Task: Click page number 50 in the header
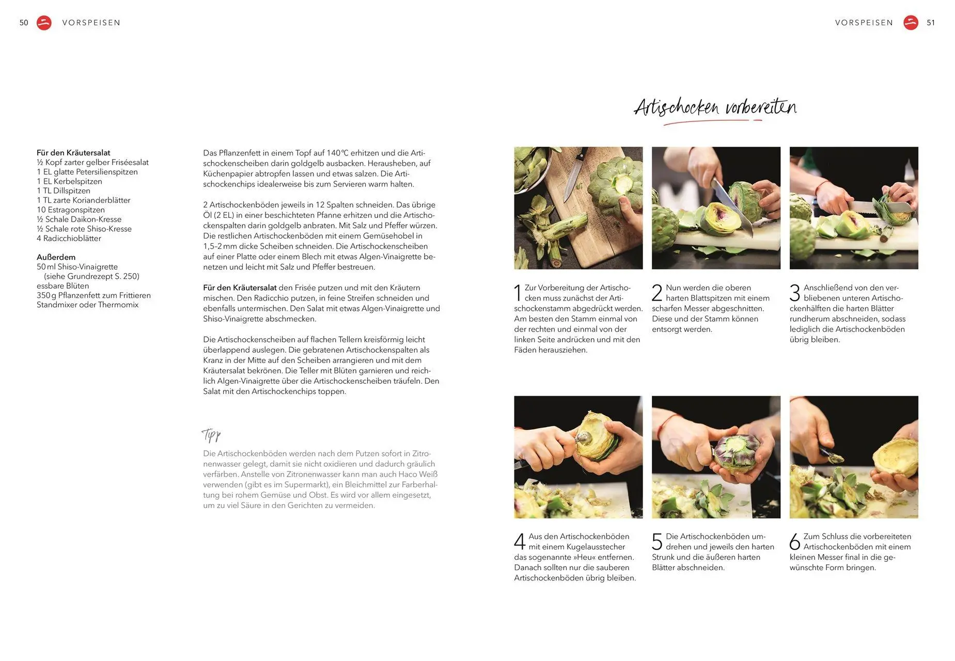coord(24,23)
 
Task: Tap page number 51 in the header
coord(931,23)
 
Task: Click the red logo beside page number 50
coord(44,23)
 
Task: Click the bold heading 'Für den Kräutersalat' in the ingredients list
coord(73,153)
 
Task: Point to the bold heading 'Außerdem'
coord(56,257)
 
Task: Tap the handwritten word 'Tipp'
coord(211,435)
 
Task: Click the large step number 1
coord(518,293)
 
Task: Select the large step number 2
coord(657,293)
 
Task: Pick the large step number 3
coord(795,293)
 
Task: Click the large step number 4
coord(520,542)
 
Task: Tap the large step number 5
coord(657,542)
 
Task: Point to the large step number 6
coord(795,542)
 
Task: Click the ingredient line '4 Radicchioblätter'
coord(69,239)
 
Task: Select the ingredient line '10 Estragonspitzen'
coord(71,210)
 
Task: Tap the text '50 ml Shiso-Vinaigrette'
coord(77,267)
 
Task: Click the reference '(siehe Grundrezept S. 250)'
coord(91,276)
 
